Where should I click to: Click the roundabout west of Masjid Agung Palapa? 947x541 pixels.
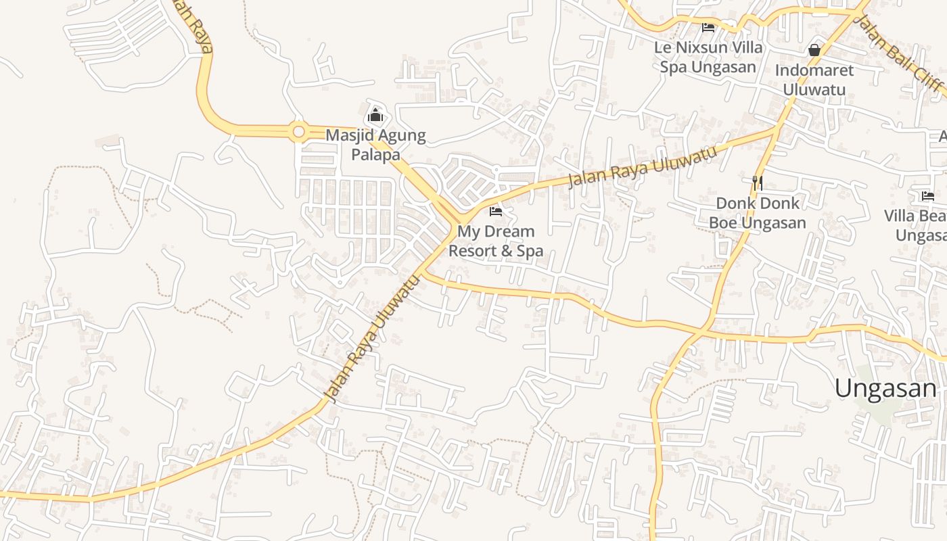(x=298, y=131)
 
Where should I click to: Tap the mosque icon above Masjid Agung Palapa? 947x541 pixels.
(x=375, y=115)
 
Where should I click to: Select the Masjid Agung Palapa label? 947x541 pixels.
(x=375, y=145)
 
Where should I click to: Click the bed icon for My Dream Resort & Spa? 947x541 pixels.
(x=496, y=212)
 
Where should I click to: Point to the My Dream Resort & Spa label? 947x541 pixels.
(x=496, y=241)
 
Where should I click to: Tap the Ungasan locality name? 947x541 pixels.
(x=885, y=388)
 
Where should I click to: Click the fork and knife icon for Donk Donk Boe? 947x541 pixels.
(x=758, y=183)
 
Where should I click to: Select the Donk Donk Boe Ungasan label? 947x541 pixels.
(x=758, y=212)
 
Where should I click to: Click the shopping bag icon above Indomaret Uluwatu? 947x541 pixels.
(x=814, y=50)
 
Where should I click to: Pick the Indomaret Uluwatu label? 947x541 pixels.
(x=814, y=79)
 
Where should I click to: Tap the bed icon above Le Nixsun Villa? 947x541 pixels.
(x=708, y=28)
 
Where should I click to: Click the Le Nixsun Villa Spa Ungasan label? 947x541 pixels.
(x=708, y=57)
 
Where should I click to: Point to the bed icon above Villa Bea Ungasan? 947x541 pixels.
(x=928, y=196)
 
